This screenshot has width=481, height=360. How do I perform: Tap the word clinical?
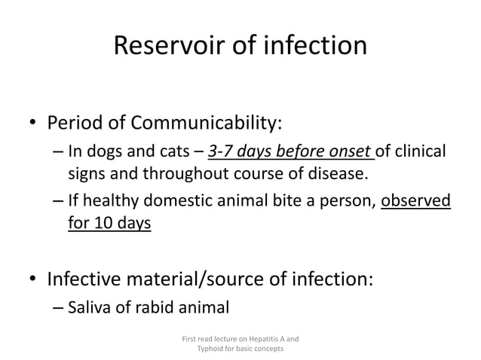point(419,151)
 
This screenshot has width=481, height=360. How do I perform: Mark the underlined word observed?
point(417,201)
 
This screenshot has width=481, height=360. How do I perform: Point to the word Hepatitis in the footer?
point(262,339)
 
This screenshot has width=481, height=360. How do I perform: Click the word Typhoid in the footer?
point(211,350)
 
